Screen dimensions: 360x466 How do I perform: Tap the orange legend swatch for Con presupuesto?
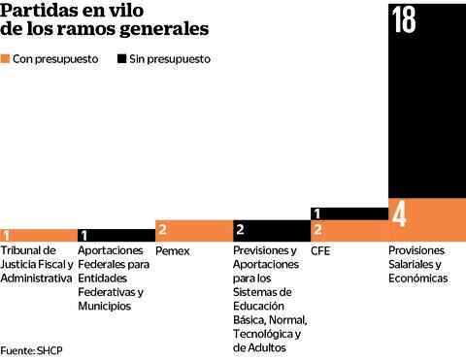(x=7, y=59)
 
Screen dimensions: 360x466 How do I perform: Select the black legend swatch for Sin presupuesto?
(x=121, y=59)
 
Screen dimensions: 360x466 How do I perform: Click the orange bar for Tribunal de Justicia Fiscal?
(x=39, y=235)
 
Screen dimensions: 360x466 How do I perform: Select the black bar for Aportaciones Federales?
(x=116, y=235)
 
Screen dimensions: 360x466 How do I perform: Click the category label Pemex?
(x=172, y=250)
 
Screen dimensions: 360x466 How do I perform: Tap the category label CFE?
(x=321, y=250)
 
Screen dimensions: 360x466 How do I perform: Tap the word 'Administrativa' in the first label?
(x=36, y=278)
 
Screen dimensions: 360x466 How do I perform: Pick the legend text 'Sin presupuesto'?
(x=170, y=59)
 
